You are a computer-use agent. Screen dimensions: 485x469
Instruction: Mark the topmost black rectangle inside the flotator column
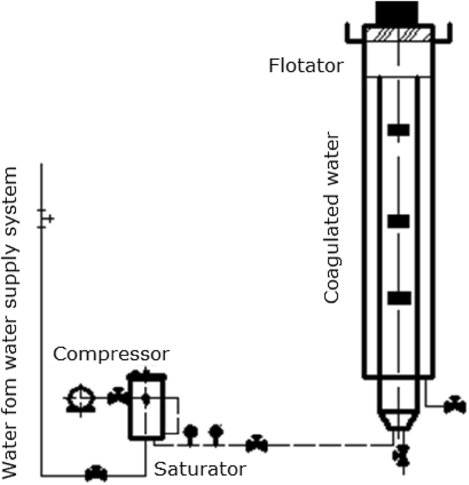399,129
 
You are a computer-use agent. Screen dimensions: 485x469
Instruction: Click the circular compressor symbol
80,398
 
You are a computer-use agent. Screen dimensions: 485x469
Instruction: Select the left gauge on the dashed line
191,431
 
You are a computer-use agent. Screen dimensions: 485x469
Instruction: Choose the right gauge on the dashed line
216,431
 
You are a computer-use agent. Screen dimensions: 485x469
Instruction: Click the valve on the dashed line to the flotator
256,443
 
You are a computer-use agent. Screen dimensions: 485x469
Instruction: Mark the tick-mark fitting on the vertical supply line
44,218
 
